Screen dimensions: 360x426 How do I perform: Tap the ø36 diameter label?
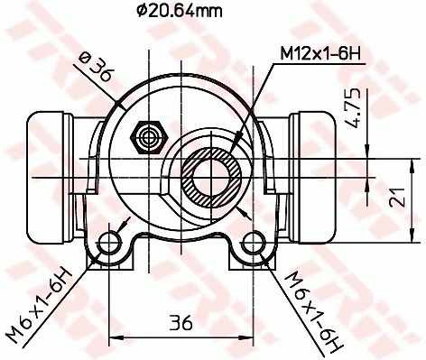(x=96, y=69)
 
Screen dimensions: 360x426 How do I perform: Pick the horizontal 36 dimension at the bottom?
(x=182, y=321)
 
